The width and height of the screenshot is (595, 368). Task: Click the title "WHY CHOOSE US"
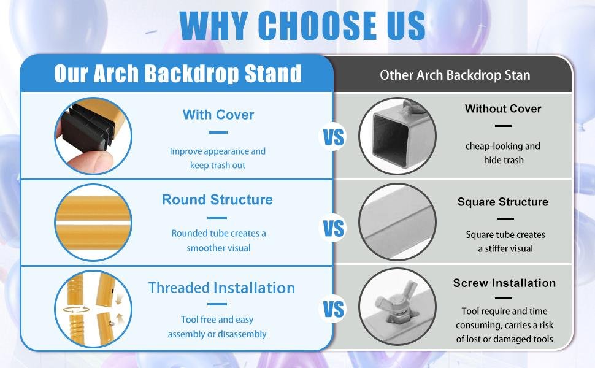pyautogui.click(x=302, y=25)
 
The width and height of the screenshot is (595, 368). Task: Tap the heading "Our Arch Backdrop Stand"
pyautogui.click(x=178, y=73)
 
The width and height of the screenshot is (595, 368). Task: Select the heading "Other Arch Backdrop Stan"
pyautogui.click(x=455, y=75)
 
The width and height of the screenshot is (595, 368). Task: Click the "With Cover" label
pyautogui.click(x=218, y=115)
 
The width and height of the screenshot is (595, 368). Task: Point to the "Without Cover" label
pyautogui.click(x=503, y=109)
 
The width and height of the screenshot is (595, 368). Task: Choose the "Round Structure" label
pyautogui.click(x=217, y=199)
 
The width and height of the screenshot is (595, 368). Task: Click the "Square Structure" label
pyautogui.click(x=503, y=202)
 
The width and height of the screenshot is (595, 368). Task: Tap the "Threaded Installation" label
pyautogui.click(x=221, y=288)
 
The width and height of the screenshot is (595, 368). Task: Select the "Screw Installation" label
pyautogui.click(x=504, y=283)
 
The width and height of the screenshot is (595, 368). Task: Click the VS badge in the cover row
pyautogui.click(x=333, y=137)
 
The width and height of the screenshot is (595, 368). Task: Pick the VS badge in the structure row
pyautogui.click(x=333, y=228)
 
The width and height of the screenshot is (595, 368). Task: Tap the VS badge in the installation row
pyautogui.click(x=333, y=309)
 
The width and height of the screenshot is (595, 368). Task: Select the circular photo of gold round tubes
pyautogui.click(x=93, y=222)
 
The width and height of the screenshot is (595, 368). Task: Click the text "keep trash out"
pyautogui.click(x=218, y=166)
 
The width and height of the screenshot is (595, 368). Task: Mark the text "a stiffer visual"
pyautogui.click(x=505, y=249)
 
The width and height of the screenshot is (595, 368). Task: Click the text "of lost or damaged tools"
pyautogui.click(x=504, y=339)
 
